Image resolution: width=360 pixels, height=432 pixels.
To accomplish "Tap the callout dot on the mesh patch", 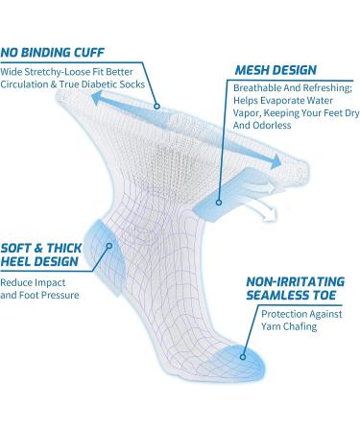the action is tap(221, 202).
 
